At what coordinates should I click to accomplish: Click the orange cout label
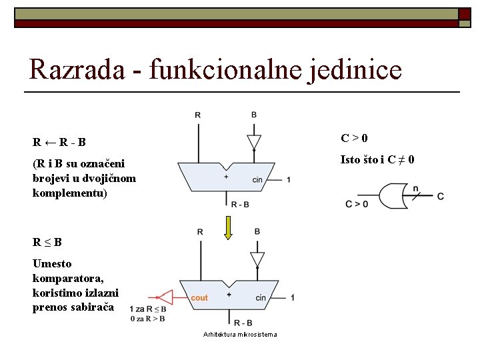click(x=199, y=297)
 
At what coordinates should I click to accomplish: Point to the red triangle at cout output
click(x=164, y=297)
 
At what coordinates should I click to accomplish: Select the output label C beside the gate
click(x=441, y=196)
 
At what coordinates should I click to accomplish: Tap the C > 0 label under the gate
click(x=357, y=204)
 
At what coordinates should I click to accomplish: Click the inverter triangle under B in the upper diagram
click(x=254, y=143)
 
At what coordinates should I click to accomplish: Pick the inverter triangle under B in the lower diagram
click(x=257, y=259)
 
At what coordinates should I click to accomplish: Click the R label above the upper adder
click(x=197, y=115)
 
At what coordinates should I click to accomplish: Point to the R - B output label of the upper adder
click(x=240, y=205)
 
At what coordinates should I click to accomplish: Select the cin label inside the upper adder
click(x=257, y=179)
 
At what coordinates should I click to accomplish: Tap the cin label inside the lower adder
click(x=260, y=297)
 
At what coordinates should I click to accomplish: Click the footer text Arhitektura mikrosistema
click(x=240, y=334)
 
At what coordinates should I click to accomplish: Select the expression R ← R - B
click(x=59, y=141)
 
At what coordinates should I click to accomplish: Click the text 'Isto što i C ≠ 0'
click(x=377, y=159)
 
